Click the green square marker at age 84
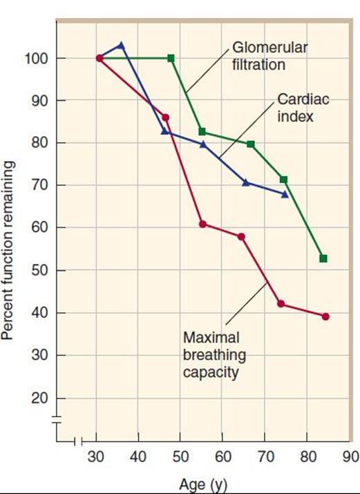[x=323, y=258]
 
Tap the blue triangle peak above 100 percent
[x=121, y=46]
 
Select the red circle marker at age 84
[x=325, y=316]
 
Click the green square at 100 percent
[x=171, y=58]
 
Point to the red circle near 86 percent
[x=165, y=117]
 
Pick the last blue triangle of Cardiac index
[x=285, y=194]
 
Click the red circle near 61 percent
[x=203, y=225]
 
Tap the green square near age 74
[x=283, y=180]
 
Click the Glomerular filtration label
[x=269, y=56]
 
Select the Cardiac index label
[x=303, y=108]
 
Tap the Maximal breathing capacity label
[x=214, y=355]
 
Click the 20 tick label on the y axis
[x=39, y=399]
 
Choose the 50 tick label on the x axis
[x=180, y=456]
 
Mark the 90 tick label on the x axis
[x=351, y=456]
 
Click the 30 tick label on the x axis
[x=96, y=456]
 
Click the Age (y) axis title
[x=203, y=484]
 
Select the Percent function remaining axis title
[x=8, y=251]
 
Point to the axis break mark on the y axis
[x=57, y=419]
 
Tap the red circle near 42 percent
[x=281, y=304]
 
